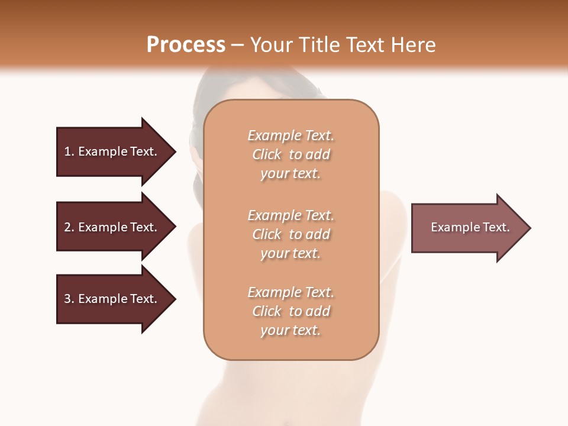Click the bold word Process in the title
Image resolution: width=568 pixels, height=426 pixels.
[x=186, y=44]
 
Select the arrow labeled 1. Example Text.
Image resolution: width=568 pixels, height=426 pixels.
[x=111, y=151]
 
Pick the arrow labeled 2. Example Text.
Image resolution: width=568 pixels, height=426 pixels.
[x=111, y=227]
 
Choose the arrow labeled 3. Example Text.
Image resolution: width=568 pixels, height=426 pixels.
[x=111, y=299]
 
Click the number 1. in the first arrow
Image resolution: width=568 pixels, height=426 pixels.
[x=69, y=151]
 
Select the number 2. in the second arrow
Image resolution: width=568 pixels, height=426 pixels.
[x=69, y=227]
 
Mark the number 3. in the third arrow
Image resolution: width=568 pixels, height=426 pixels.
[x=69, y=299]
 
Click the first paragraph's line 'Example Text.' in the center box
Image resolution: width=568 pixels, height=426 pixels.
[x=291, y=135]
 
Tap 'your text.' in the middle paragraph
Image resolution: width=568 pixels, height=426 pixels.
[x=291, y=253]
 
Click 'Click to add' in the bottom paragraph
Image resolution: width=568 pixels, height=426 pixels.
[x=291, y=311]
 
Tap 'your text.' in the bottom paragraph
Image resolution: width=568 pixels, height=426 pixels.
[x=291, y=330]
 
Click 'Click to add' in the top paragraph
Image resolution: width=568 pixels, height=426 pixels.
[x=291, y=154]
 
